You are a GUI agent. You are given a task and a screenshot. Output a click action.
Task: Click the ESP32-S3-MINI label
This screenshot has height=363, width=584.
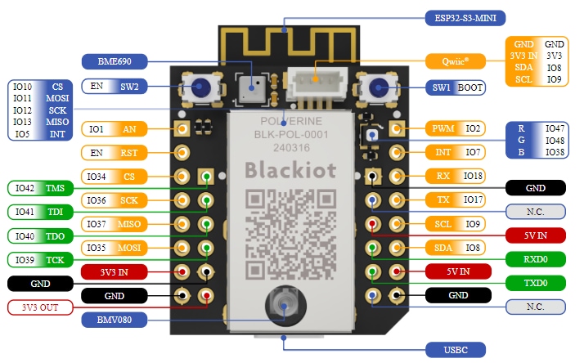(x=463, y=16)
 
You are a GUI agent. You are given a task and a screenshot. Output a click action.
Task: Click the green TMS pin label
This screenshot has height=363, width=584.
(x=55, y=188)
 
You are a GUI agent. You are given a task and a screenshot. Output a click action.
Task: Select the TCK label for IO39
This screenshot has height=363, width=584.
(x=55, y=260)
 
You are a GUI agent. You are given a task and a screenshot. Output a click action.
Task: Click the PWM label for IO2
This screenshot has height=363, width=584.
(x=442, y=129)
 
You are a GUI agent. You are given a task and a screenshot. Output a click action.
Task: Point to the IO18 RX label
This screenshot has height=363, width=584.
(x=473, y=176)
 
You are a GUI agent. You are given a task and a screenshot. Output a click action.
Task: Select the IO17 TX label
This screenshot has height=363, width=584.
(x=473, y=199)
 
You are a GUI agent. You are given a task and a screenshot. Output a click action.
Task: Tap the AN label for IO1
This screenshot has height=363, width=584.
(x=128, y=129)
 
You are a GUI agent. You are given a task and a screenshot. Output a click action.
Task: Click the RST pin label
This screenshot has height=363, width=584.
(x=128, y=153)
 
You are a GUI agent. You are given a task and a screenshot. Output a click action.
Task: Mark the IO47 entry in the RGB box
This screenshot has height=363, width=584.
(x=555, y=129)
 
